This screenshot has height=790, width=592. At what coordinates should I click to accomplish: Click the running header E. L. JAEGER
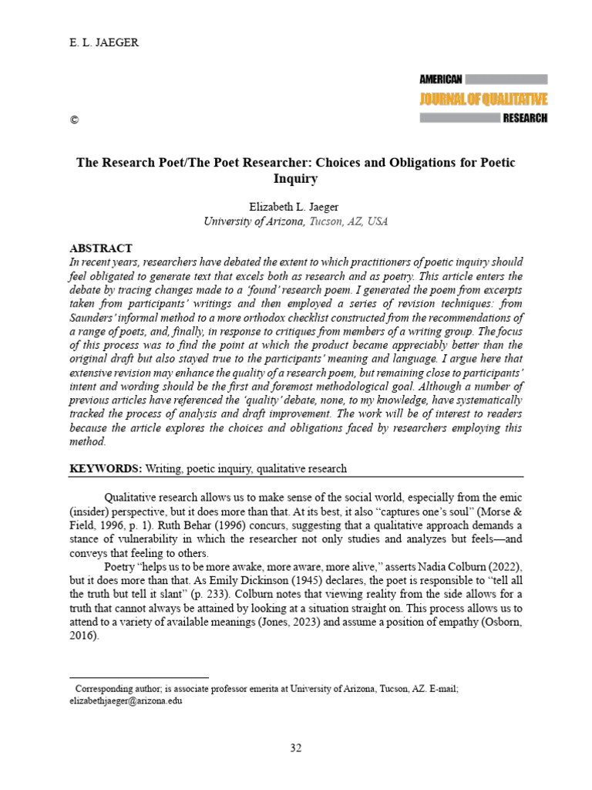[104, 43]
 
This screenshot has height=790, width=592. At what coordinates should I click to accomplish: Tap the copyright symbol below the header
[74, 120]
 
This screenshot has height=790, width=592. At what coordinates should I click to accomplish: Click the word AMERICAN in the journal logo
[440, 79]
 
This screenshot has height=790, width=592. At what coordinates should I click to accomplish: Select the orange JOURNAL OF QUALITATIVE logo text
[483, 99]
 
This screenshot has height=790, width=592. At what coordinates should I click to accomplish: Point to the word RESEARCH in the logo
[525, 118]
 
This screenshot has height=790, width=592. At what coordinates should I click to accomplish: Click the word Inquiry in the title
[295, 178]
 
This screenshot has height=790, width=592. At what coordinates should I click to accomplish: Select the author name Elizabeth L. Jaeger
[296, 206]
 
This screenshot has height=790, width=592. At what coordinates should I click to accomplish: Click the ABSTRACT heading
[101, 248]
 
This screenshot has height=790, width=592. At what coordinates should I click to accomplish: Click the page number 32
[296, 748]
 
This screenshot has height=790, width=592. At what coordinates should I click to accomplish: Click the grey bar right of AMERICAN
[506, 79]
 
